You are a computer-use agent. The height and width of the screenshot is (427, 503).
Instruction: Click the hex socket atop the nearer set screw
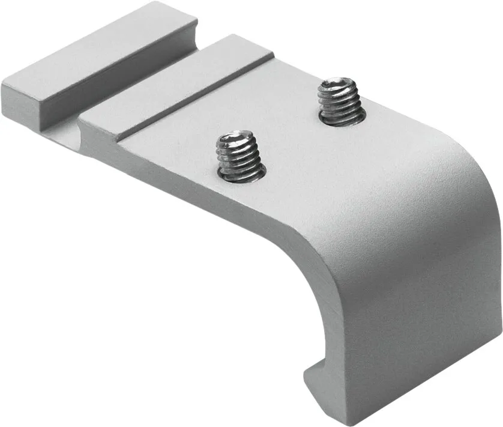coord(237,140)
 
